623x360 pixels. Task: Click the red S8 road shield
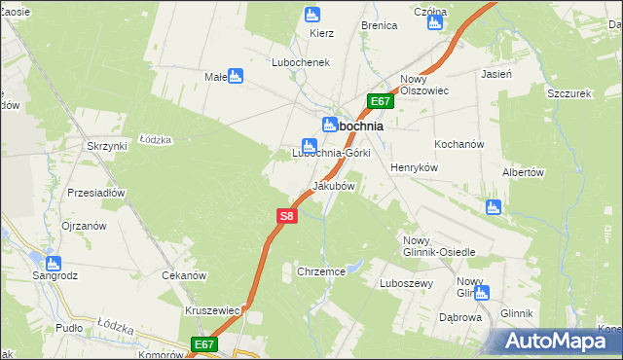coord(285,217)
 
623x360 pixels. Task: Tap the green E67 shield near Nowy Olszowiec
coord(381,101)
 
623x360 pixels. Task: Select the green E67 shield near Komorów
coord(202,344)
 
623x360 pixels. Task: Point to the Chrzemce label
coord(322,272)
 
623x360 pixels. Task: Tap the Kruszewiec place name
coord(212,310)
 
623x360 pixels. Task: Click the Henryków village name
coord(416,167)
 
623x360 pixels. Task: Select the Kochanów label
coord(459,144)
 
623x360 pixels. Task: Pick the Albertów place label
coord(521,172)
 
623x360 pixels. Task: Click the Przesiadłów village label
coord(96,193)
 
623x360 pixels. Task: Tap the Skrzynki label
coord(106,146)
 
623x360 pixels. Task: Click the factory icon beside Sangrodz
coord(53,263)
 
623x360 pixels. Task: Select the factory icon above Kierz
coord(312,15)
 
